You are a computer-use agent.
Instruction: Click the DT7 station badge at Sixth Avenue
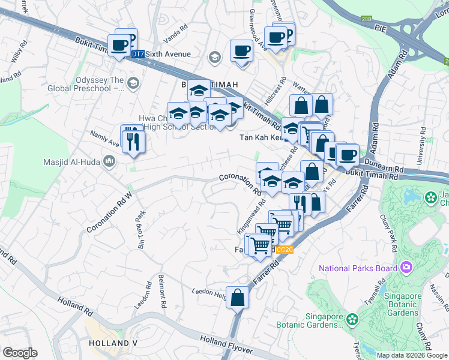[138, 54]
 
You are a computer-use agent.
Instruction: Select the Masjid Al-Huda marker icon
[109, 161]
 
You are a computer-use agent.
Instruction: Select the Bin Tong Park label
[142, 230]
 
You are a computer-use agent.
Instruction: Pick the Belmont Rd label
[161, 292]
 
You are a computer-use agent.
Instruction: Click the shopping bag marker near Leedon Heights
[238, 297]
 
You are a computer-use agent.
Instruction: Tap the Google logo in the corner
[20, 353]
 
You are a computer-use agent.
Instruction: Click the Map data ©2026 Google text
[412, 355]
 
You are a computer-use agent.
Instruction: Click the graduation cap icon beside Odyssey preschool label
[133, 83]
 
